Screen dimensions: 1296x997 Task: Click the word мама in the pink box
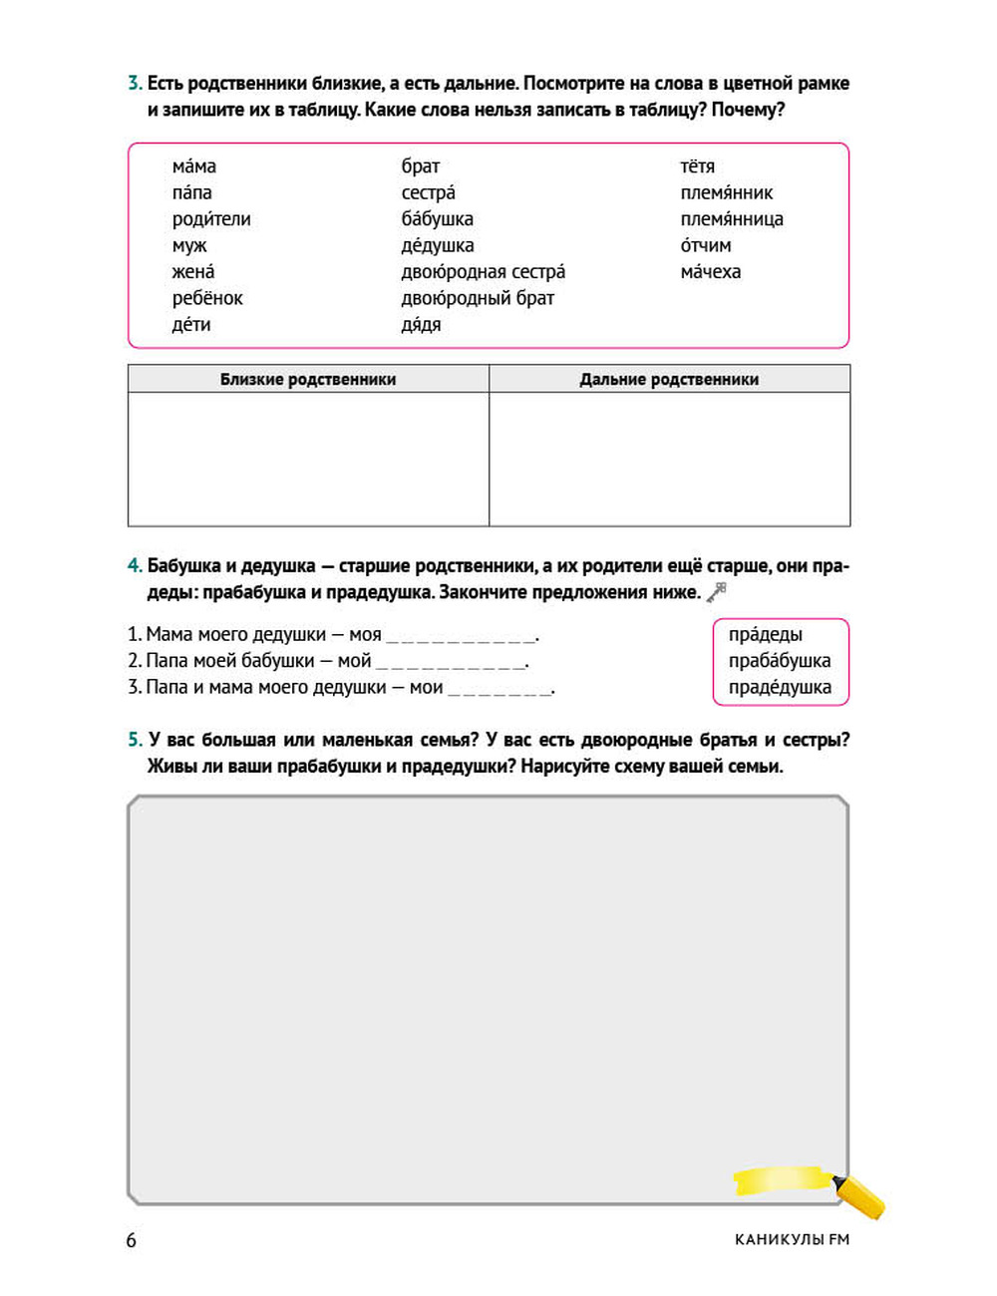tap(193, 166)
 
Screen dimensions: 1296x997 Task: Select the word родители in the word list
tap(210, 219)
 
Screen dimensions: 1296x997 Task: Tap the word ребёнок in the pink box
tap(206, 298)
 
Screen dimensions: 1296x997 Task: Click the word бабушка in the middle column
tap(437, 219)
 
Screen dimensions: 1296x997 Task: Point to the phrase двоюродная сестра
tap(483, 272)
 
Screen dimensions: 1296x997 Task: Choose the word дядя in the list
tap(421, 325)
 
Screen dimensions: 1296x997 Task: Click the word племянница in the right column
tap(731, 219)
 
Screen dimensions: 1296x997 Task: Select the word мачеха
tap(710, 272)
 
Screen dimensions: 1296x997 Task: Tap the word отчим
tap(705, 245)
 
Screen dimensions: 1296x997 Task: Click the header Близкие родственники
tap(308, 379)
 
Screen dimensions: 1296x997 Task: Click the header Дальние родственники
tap(669, 379)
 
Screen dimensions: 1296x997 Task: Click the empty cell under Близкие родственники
tap(308, 459)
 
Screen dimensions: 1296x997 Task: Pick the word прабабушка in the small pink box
tap(779, 661)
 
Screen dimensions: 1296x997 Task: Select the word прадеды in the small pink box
tap(765, 635)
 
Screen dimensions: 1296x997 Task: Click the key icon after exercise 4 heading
tap(716, 592)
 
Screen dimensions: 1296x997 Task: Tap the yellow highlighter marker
tap(858, 1194)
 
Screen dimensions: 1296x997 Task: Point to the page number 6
tap(131, 1240)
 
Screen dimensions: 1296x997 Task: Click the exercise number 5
tap(135, 740)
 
